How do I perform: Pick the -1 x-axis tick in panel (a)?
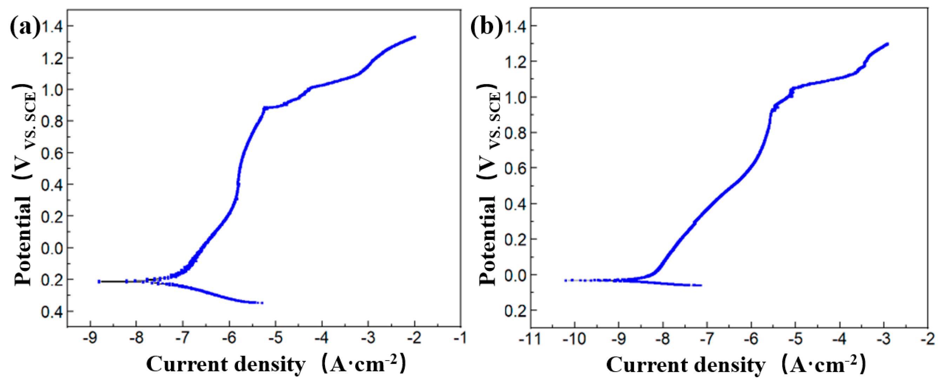pyautogui.click(x=461, y=338)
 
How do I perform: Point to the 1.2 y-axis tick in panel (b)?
pyautogui.click(x=516, y=61)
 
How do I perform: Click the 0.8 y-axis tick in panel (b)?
pyautogui.click(x=516, y=132)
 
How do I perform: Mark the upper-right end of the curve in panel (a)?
pyautogui.click(x=415, y=37)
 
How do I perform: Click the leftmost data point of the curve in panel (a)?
pyautogui.click(x=99, y=282)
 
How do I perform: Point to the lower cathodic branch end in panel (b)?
pyautogui.click(x=701, y=285)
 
